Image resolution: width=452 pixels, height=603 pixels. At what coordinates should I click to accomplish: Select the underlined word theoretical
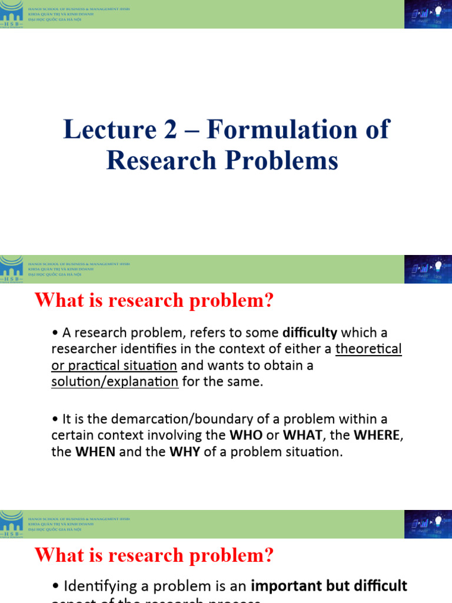(x=368, y=349)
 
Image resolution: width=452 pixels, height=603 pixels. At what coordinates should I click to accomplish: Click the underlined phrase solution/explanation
(x=115, y=382)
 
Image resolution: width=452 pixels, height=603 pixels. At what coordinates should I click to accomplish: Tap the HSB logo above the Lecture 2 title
(x=12, y=14)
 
